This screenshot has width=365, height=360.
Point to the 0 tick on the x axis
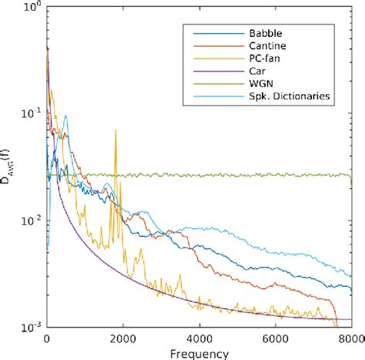[x=47, y=338]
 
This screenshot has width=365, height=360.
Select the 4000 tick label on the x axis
[x=199, y=338]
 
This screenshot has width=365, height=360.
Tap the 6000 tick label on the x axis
[x=275, y=338]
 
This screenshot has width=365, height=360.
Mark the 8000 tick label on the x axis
[x=350, y=338]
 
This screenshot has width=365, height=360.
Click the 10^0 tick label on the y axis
[x=31, y=8]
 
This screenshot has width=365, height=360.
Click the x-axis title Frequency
[x=199, y=353]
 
